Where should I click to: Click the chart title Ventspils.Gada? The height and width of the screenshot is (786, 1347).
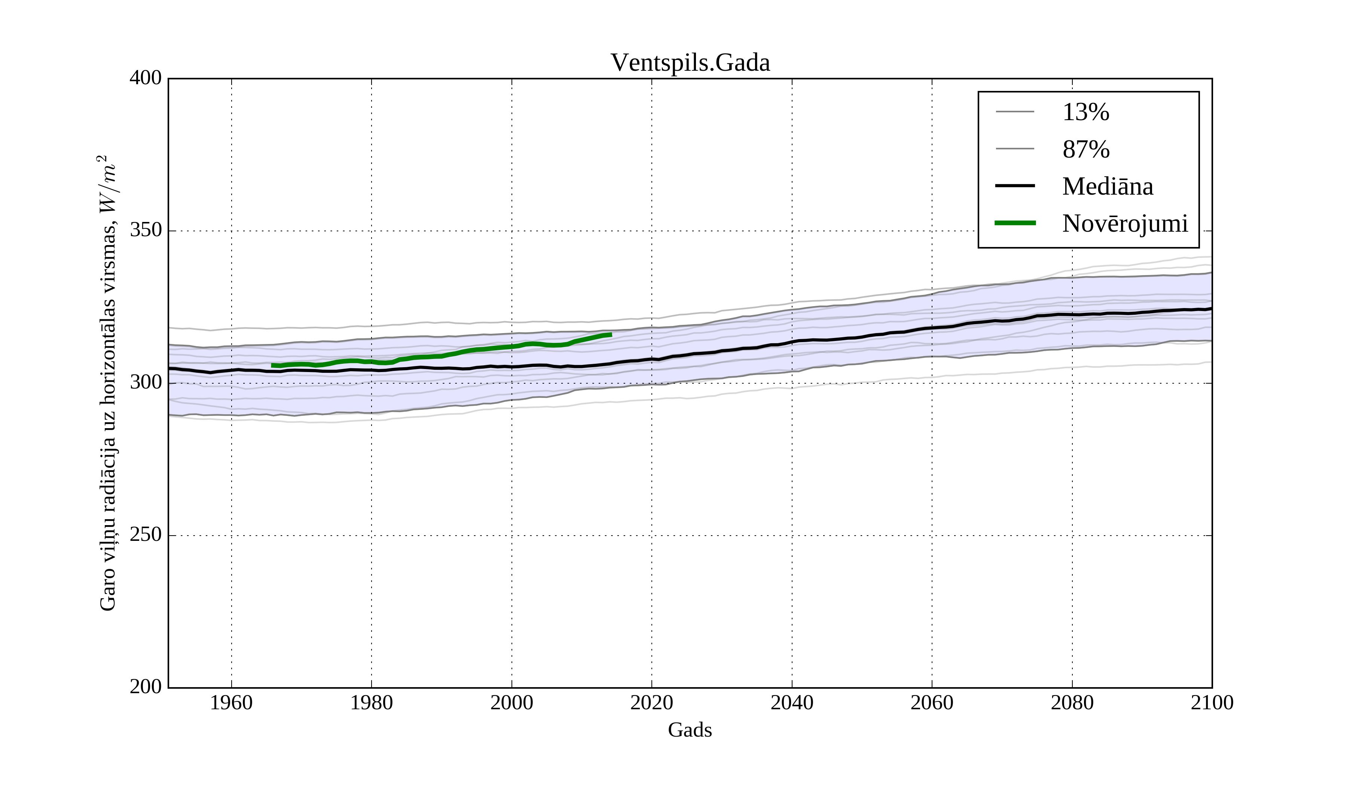pos(690,63)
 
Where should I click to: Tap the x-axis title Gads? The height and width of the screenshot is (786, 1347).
pos(690,730)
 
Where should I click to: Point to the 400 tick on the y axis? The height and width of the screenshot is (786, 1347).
pos(146,79)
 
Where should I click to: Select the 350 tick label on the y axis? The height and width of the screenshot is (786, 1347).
pos(146,231)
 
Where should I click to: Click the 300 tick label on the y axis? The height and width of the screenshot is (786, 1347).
pos(146,383)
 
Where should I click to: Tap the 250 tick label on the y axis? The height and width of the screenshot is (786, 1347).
pos(146,535)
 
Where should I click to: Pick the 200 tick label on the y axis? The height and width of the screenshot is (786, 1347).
pos(146,687)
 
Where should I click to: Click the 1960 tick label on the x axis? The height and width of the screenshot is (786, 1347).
pos(232,703)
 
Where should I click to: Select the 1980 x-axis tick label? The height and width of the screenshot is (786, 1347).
pos(372,703)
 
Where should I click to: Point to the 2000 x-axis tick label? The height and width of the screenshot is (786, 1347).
pos(511,703)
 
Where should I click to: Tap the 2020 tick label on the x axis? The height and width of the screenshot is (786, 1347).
pos(651,703)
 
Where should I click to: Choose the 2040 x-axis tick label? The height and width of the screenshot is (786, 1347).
pos(792,703)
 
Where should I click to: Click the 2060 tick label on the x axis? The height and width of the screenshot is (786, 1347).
pos(932,703)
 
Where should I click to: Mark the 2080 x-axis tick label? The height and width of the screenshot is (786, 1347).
pos(1072,703)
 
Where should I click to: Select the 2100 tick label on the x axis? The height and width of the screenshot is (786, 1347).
pos(1212,703)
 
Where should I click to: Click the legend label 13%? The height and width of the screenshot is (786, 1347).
pos(1085,112)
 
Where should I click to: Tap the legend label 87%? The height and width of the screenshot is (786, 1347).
pos(1085,149)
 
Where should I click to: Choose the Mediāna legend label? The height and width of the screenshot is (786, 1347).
pos(1108,186)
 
